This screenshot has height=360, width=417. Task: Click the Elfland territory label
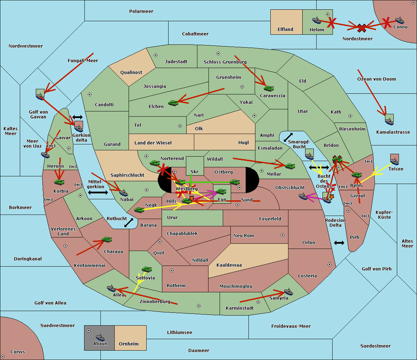click(285, 30)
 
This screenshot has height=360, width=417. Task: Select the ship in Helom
click(317, 20)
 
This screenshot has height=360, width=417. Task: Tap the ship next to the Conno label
click(400, 20)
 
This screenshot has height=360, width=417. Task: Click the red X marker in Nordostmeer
click(362, 28)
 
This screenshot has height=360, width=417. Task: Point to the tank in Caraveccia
click(269, 88)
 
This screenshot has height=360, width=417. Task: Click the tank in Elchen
click(173, 103)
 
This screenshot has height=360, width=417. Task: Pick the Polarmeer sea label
click(141, 11)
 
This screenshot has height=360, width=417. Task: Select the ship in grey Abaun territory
click(100, 337)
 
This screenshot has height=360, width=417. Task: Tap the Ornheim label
click(129, 344)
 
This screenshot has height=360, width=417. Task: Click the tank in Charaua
click(107, 240)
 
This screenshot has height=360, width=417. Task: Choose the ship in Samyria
click(288, 292)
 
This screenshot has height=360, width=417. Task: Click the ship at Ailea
click(111, 288)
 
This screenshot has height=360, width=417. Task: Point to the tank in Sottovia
click(147, 269)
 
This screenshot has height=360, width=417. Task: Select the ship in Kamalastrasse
click(389, 121)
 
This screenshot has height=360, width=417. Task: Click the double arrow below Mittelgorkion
click(98, 192)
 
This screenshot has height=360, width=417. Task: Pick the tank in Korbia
click(59, 182)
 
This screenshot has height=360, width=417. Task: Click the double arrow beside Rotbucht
click(129, 223)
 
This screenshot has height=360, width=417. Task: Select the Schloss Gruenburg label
click(225, 62)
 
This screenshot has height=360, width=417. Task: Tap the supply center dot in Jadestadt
click(156, 55)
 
